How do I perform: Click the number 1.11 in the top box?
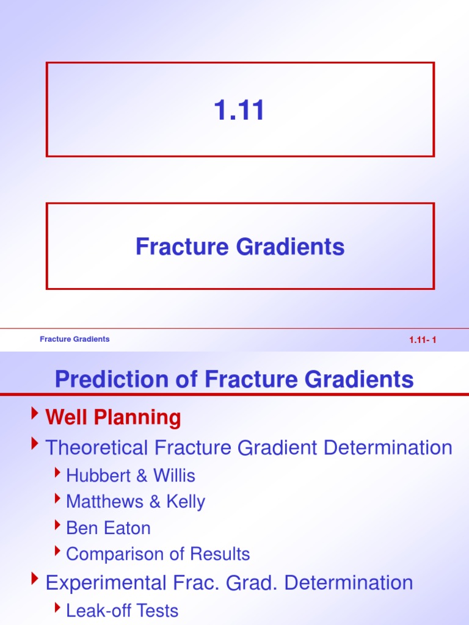pos(240,110)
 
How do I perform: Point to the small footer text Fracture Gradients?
pos(75,339)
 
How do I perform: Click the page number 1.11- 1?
pos(423,341)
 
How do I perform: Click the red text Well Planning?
pos(114,418)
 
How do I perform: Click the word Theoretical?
pos(98,447)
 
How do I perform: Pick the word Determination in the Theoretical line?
pos(388,447)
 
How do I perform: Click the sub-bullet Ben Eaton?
pos(108,528)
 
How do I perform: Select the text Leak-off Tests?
pos(122,610)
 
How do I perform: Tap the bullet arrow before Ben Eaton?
pos(57,526)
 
